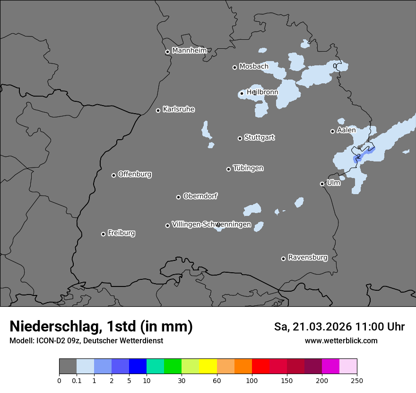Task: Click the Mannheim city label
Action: (189, 50)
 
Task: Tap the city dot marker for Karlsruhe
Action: (158, 110)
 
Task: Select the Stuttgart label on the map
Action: (259, 137)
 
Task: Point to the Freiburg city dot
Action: (104, 234)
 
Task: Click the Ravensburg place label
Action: (307, 258)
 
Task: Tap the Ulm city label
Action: (333, 183)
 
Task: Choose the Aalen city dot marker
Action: (332, 131)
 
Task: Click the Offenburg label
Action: (135, 174)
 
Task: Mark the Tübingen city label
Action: (248, 168)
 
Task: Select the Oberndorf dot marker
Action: (178, 197)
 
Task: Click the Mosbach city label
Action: (253, 66)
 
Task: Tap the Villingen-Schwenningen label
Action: (211, 224)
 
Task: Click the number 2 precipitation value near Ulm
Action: (358, 156)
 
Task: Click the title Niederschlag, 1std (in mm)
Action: (101, 326)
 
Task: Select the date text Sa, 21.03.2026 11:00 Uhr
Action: (339, 327)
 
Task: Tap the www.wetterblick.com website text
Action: (341, 340)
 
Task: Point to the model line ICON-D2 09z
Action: (86, 340)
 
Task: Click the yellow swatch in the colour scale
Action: (208, 366)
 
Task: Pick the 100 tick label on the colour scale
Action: (252, 380)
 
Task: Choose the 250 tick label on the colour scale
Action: (357, 380)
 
